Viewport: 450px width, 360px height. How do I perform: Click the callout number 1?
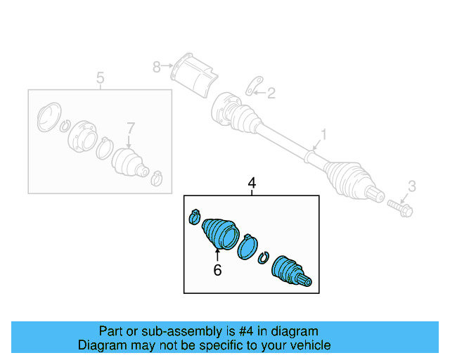[324, 134]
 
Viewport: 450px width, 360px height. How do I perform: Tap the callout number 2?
[271, 91]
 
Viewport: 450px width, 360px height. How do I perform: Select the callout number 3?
[412, 186]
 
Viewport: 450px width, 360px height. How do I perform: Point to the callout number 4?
[252, 184]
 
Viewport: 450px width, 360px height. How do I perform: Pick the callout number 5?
[100, 78]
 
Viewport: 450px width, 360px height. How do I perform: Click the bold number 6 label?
[217, 269]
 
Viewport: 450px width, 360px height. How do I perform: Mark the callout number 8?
[156, 67]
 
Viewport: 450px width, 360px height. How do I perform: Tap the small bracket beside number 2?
[251, 89]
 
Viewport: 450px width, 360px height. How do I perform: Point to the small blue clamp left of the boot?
[195, 217]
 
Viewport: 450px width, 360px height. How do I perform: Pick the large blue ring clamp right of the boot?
[247, 247]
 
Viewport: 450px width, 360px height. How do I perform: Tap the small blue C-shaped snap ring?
[264, 257]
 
